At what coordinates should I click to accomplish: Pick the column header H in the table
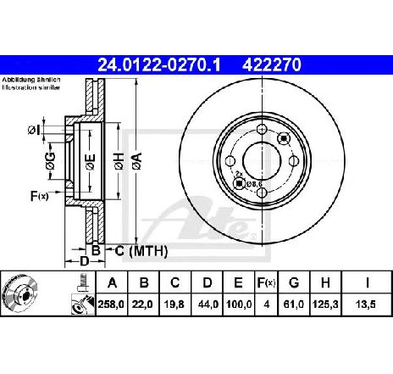328,282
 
